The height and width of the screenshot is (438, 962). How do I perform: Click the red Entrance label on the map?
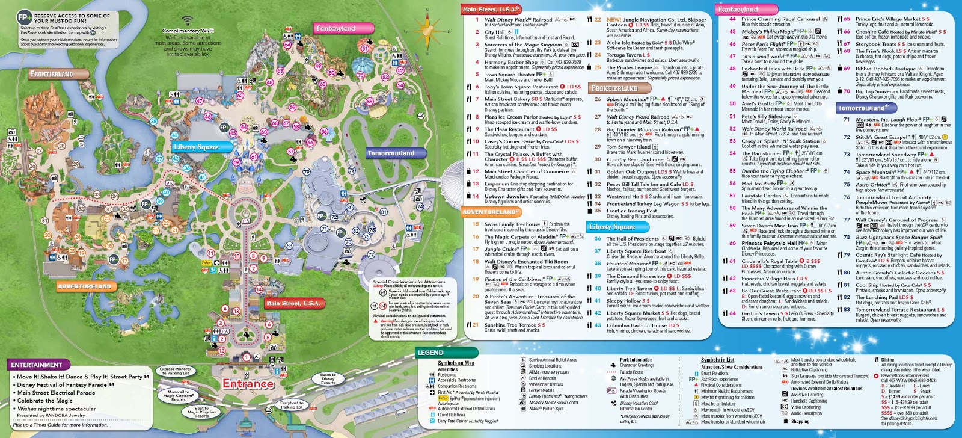pos(248,383)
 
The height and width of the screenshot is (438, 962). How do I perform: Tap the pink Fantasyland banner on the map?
pos(335,28)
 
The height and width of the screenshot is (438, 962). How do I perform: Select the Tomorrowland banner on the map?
pos(391,153)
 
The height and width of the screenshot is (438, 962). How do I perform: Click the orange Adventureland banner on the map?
pos(84,286)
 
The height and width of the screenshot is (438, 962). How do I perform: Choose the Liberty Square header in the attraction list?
pos(612,227)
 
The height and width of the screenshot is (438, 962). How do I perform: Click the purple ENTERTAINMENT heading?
pos(37,365)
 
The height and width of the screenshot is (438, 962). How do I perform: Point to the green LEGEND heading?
pos(430,353)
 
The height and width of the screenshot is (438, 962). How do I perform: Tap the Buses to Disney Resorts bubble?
pos(328,379)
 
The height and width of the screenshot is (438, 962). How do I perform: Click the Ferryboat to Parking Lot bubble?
pos(292,405)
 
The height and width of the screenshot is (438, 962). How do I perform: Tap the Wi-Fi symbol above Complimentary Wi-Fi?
pos(188,21)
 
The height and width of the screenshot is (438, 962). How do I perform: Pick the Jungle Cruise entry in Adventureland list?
pos(501,248)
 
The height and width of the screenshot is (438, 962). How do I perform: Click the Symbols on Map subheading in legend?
pos(456,363)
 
